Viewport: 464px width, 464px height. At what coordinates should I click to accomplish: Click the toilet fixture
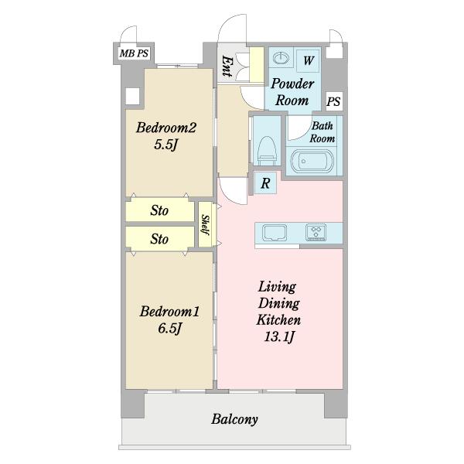point(268,151)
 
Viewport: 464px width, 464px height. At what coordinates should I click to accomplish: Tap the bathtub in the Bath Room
point(312,161)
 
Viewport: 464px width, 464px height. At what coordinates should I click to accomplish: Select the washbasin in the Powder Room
point(281,58)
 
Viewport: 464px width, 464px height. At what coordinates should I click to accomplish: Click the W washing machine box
point(309,60)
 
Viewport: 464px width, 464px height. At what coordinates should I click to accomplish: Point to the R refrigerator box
point(265,183)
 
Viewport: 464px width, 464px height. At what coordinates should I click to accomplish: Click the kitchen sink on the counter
point(275,233)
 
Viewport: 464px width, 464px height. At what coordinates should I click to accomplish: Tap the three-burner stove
point(316,232)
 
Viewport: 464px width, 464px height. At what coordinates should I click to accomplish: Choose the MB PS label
point(134,53)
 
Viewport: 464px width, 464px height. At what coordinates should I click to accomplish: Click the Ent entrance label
point(227,67)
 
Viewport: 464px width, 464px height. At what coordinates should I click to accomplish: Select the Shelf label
point(206,224)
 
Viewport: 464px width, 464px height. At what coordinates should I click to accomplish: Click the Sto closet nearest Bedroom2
point(159,210)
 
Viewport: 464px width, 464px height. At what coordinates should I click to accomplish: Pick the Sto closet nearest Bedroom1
point(159,239)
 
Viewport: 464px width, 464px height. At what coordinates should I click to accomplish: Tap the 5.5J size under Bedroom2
point(166,145)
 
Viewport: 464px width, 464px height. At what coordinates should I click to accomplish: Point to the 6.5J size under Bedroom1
point(169,329)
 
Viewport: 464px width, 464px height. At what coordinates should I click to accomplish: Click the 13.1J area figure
point(279,336)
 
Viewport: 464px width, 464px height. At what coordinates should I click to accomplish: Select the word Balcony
point(234,420)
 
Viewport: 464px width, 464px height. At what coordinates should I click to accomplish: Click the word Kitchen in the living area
point(278,320)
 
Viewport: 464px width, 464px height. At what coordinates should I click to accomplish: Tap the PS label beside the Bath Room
point(334,101)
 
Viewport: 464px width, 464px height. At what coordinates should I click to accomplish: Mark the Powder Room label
point(292,92)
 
